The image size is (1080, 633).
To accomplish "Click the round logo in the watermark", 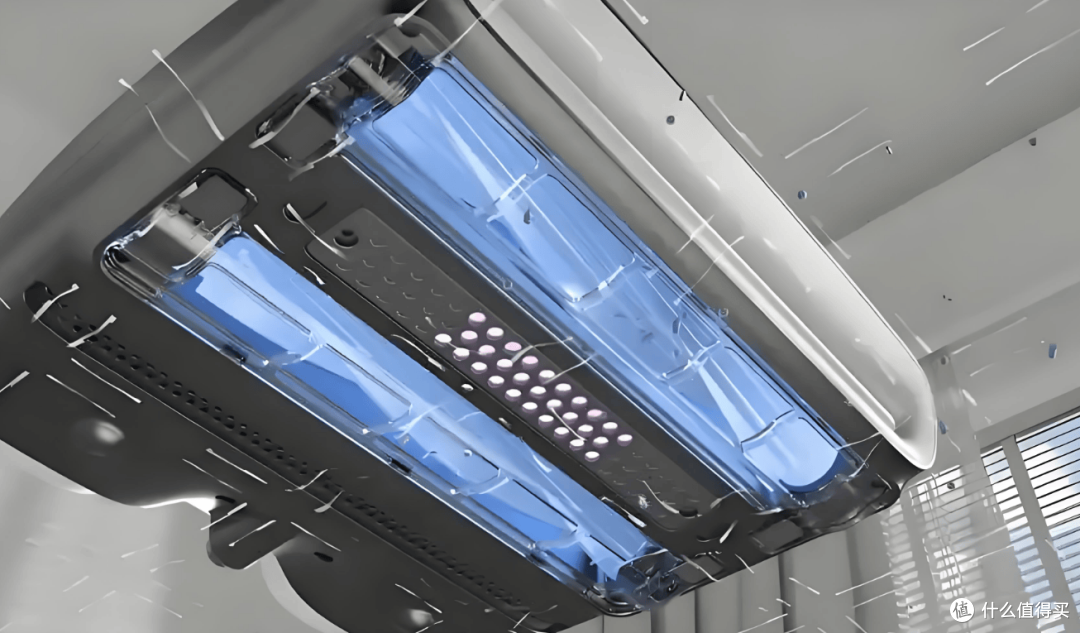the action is (962, 610).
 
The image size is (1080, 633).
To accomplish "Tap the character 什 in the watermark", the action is (989, 610).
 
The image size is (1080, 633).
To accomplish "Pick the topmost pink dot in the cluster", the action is (477, 319).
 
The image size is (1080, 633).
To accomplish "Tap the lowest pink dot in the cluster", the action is (592, 455).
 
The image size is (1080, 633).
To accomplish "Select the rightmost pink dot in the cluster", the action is (625, 439).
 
